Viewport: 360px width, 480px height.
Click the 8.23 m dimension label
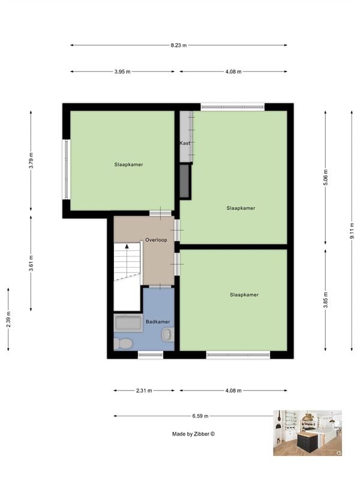179,45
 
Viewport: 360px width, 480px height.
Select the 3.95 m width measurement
122,71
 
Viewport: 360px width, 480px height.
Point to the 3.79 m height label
31,160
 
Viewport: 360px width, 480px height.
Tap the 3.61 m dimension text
31,263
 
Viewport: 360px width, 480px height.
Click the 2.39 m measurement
8,319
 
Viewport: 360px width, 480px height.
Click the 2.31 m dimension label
144,391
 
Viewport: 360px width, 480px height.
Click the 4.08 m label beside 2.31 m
233,391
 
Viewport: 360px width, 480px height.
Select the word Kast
185,143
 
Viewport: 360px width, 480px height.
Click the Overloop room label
155,239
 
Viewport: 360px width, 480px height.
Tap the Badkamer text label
158,322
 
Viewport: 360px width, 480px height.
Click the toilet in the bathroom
124,344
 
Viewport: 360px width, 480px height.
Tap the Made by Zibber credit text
193,434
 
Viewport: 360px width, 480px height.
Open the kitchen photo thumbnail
307,433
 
